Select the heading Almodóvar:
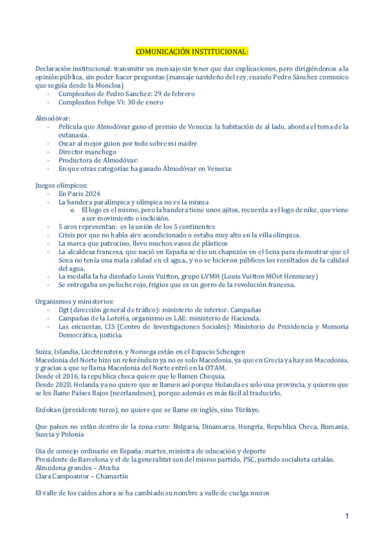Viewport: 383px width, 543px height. point(53,118)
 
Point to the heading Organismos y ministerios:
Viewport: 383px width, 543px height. point(75,301)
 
